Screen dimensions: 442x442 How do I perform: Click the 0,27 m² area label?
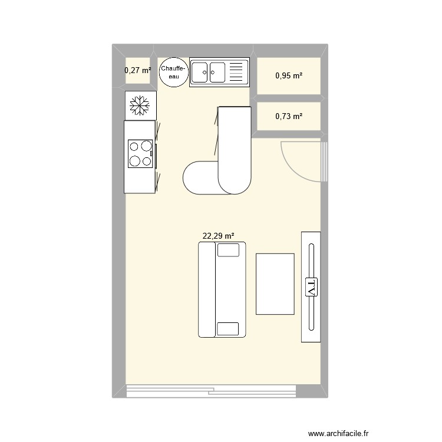coord(138,71)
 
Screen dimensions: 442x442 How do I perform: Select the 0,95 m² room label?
coord(289,75)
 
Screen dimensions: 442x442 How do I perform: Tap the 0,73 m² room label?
coord(289,116)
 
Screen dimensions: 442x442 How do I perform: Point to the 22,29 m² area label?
coord(219,236)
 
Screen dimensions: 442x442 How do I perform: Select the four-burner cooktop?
coord(141,153)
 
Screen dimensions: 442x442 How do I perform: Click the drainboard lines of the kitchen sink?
coord(236,72)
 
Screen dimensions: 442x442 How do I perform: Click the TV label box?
coord(311,287)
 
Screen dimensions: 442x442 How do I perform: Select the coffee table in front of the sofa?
coord(275,283)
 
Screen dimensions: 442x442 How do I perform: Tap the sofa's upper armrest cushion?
coord(228,250)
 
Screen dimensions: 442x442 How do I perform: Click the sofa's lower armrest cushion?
coord(228,329)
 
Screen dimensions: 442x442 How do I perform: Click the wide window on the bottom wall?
coord(211,391)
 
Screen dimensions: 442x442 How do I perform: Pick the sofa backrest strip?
coord(206,290)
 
